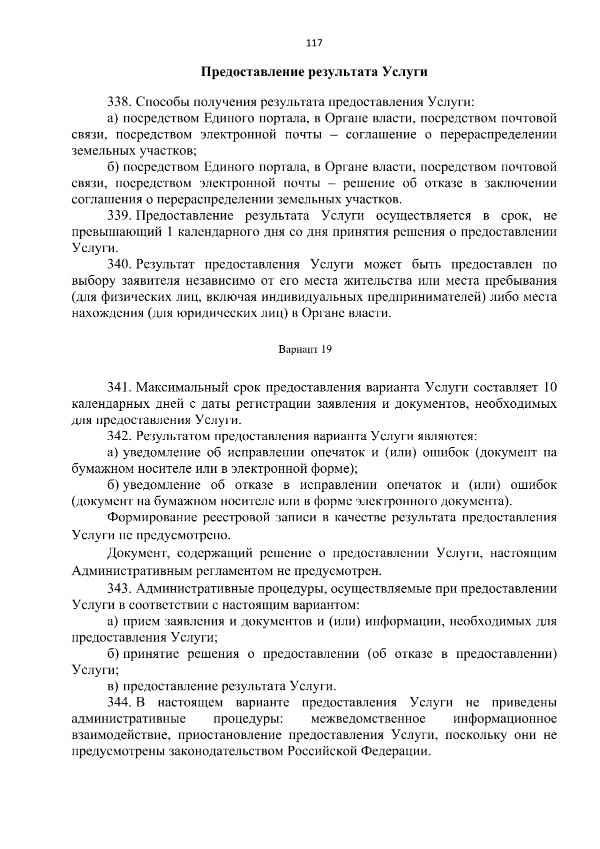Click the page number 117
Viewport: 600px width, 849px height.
(314, 43)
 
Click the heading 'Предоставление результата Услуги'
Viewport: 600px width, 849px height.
(314, 72)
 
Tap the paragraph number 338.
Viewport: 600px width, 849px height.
(118, 103)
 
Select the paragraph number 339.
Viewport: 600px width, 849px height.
(118, 216)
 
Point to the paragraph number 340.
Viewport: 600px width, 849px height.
(118, 265)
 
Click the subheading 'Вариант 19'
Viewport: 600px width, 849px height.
(304, 350)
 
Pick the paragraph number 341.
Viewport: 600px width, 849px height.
(118, 387)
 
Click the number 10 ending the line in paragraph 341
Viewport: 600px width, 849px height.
(549, 387)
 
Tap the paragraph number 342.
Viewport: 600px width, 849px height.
(118, 436)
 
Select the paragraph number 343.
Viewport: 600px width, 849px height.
(118, 589)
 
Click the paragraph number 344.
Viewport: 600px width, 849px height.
(118, 703)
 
